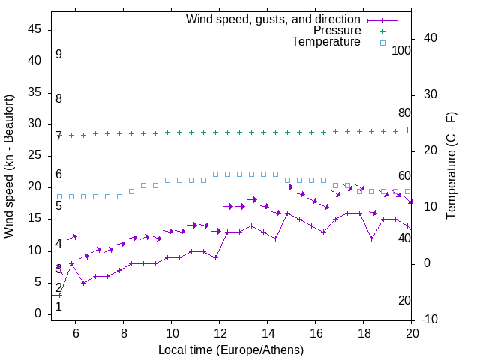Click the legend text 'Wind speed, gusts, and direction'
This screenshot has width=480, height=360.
pyautogui.click(x=274, y=19)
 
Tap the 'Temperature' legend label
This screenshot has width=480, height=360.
pyautogui.click(x=326, y=42)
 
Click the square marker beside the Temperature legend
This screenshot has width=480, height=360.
pyautogui.click(x=382, y=43)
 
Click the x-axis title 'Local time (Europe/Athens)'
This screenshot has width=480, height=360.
pyautogui.click(x=232, y=349)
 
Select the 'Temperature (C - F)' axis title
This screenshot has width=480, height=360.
pyautogui.click(x=451, y=166)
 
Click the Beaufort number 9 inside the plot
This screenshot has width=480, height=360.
pyautogui.click(x=58, y=55)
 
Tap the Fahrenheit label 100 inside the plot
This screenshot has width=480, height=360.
pyautogui.click(x=402, y=50)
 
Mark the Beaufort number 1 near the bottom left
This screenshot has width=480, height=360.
pyautogui.click(x=58, y=306)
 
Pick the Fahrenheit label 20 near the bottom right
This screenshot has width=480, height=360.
pyautogui.click(x=404, y=301)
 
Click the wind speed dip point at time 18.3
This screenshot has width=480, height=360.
pyautogui.click(x=372, y=238)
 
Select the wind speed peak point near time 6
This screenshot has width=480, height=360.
pyautogui.click(x=71, y=263)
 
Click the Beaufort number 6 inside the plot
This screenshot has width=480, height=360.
pyautogui.click(x=58, y=175)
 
